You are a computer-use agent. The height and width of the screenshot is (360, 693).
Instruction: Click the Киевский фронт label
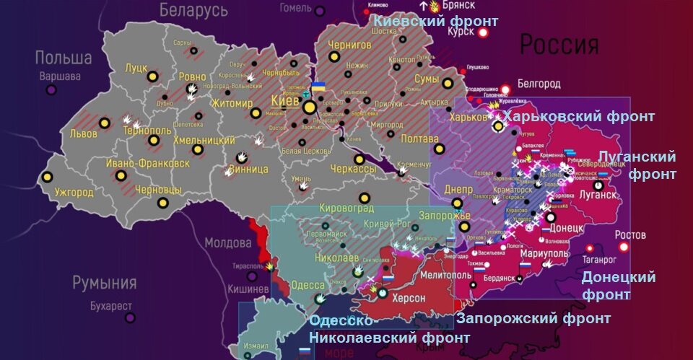point(435,22)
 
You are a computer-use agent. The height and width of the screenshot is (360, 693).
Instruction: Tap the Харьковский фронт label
point(578,116)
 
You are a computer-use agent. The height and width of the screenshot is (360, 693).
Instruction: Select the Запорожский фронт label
point(533,318)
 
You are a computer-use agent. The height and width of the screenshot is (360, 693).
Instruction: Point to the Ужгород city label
point(74,192)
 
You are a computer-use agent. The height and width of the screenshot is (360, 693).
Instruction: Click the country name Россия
point(559,45)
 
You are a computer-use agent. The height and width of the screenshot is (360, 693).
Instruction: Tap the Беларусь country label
point(193,10)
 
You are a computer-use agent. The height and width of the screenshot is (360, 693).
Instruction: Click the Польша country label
point(64,58)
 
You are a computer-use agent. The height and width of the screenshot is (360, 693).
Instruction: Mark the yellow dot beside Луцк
point(152,76)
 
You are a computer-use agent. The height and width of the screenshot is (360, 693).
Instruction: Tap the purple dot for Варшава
point(51,89)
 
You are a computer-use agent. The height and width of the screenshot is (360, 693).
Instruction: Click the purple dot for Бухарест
point(130,317)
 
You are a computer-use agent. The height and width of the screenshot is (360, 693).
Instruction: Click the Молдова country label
point(227,242)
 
